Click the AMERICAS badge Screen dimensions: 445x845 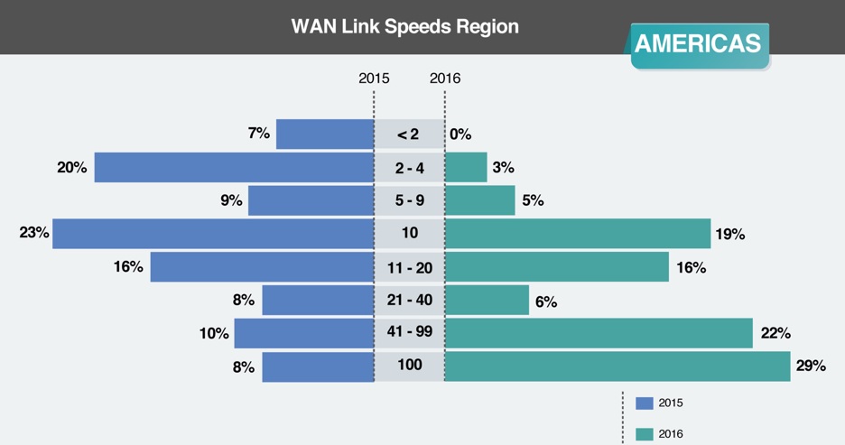697,43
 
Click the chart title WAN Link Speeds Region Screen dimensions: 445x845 404,26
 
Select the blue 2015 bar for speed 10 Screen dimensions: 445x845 213,233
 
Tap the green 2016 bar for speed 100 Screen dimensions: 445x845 617,366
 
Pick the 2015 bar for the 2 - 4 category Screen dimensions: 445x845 234,167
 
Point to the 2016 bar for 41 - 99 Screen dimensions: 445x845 599,333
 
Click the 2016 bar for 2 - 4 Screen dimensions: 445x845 466,167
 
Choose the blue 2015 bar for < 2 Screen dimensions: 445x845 325,134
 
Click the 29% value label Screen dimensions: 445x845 812,366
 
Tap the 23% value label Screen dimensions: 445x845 33,233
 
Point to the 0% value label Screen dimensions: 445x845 460,134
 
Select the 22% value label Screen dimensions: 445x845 775,333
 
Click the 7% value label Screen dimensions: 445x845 258,134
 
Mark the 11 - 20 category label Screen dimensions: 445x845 410,267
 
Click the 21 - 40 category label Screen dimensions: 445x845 410,300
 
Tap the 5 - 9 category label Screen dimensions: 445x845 410,200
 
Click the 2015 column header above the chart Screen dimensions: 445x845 374,79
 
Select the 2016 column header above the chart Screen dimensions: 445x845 445,79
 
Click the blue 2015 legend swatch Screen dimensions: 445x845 644,403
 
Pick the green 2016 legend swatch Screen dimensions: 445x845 644,434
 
